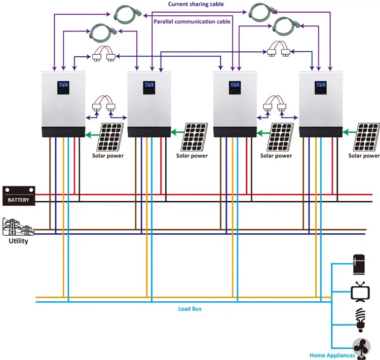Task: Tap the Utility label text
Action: [x=18, y=241]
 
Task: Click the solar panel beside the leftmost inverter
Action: [x=110, y=135]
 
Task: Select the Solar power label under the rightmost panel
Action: [x=364, y=156]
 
